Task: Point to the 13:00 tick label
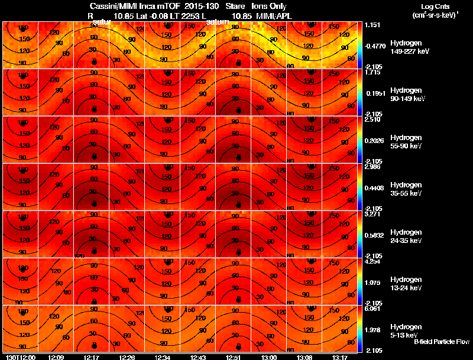pyautogui.click(x=268, y=356)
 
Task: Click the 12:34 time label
pyautogui.click(x=162, y=356)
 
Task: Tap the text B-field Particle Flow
pyautogui.click(x=441, y=342)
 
